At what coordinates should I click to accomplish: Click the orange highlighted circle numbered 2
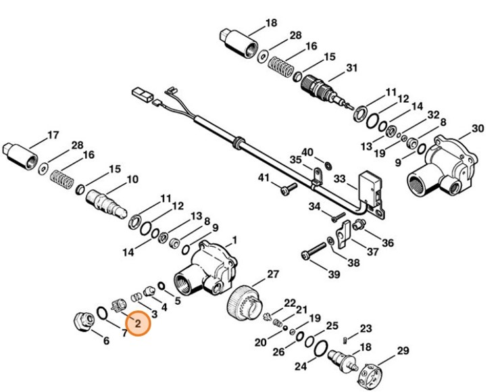137,324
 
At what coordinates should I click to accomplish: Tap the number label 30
478,128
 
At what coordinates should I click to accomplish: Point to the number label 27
272,274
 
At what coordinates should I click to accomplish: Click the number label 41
264,178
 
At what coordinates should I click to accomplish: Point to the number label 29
403,350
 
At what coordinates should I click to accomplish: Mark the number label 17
53,135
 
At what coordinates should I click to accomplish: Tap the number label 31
351,68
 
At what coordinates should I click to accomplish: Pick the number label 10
132,179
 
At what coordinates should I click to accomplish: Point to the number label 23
366,328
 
